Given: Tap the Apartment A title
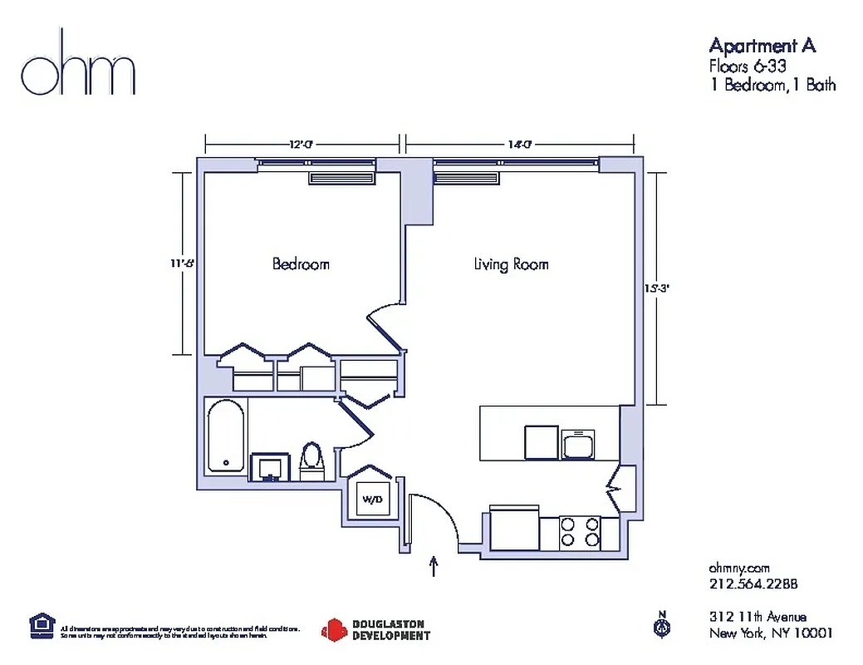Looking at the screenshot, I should [x=762, y=45].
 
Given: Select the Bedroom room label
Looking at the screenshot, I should [x=301, y=264].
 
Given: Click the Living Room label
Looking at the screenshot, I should [x=511, y=264].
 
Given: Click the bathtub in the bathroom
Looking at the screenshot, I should [x=226, y=436].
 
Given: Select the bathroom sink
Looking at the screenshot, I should [x=269, y=466].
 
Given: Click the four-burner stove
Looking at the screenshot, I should [x=579, y=532].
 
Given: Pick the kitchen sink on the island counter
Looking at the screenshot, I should [x=578, y=443].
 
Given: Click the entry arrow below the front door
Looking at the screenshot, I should [x=433, y=567].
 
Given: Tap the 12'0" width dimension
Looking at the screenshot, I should [x=301, y=145].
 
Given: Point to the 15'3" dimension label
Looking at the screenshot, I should [x=655, y=289].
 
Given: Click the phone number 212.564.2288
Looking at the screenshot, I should [x=753, y=584].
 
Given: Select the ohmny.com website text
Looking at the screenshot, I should [x=739, y=567].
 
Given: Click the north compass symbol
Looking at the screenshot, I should [x=662, y=625].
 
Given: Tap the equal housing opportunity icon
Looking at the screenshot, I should [x=40, y=624].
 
